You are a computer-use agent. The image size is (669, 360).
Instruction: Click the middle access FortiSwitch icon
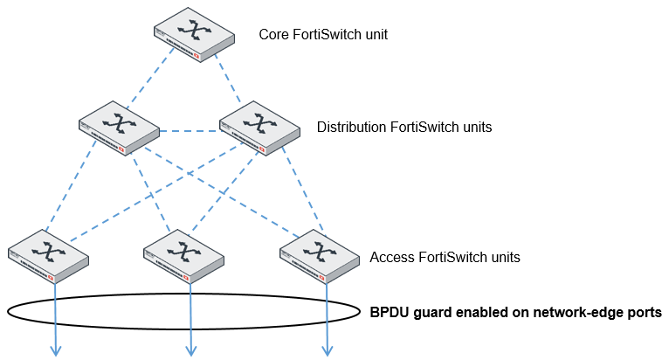pos(184,255)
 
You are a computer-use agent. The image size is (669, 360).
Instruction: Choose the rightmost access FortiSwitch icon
pos(321,255)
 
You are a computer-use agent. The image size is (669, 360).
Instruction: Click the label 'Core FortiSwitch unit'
pos(322,35)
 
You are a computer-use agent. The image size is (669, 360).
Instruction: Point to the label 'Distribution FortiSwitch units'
pos(403,127)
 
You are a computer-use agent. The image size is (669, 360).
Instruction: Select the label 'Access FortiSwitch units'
pos(445,257)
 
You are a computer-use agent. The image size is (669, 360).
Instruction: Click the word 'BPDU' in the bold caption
pos(390,312)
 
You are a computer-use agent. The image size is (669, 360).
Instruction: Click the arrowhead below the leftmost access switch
pos(56,351)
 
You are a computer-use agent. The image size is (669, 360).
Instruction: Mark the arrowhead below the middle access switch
pos(191,351)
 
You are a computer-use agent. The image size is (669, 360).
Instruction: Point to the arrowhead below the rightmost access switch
pos(328,351)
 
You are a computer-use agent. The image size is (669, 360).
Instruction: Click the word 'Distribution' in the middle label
pos(350,127)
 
